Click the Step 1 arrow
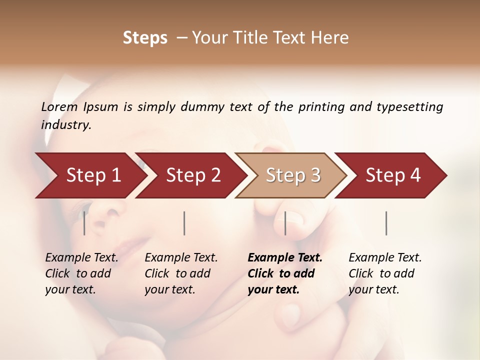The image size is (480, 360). tap(93, 175)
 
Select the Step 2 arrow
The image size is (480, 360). tap(193, 175)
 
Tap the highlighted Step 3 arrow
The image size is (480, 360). tap(293, 175)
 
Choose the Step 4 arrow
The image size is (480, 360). tap(393, 175)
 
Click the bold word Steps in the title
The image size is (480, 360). tap(145, 38)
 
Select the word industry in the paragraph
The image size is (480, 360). tap(65, 125)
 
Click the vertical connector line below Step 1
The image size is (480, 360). tap(84, 223)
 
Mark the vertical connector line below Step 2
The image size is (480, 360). tap(184, 223)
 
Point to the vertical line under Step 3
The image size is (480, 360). tap(285, 223)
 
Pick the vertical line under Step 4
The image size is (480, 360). tap(386, 223)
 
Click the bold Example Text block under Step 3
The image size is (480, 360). tap(285, 273)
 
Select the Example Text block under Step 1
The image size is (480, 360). tap(81, 273)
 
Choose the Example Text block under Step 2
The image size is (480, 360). tap(181, 273)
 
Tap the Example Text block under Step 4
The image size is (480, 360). tap(385, 273)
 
